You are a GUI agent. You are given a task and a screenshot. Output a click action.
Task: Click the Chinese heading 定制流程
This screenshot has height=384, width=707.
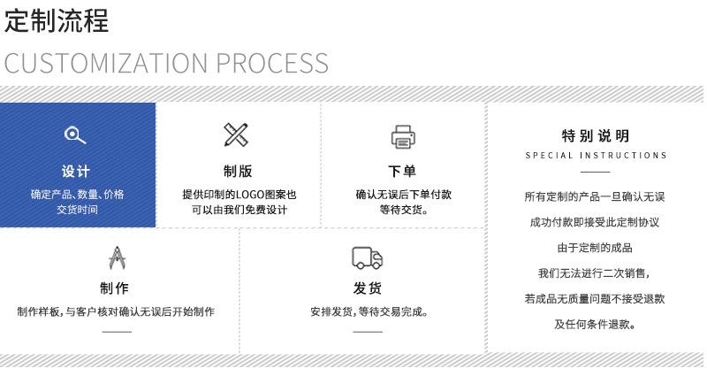tap(57, 22)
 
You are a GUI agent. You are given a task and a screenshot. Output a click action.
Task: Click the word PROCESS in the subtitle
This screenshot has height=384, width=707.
tap(273, 63)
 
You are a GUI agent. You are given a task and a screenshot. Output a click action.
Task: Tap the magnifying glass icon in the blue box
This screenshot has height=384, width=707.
tap(76, 134)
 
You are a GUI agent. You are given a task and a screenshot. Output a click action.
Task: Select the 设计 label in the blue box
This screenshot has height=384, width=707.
tap(76, 171)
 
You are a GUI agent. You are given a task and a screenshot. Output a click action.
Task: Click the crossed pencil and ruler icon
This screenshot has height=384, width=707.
tap(236, 135)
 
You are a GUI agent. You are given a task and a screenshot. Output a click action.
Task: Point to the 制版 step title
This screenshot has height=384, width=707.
tap(238, 171)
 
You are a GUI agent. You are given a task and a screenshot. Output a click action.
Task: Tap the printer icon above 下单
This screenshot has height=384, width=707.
tap(403, 136)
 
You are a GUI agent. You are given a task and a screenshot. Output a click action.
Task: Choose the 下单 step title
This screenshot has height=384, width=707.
tap(403, 171)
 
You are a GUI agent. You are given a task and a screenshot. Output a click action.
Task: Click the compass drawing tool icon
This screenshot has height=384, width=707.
tap(116, 257)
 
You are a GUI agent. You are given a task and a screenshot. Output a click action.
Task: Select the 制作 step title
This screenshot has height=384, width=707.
tap(115, 288)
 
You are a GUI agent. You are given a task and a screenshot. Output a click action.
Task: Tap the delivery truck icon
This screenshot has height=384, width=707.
tap(368, 257)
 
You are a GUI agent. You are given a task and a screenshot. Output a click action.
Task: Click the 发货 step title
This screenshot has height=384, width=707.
tap(368, 288)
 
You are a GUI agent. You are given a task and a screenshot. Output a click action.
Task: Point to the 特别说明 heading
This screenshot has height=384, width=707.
tap(596, 135)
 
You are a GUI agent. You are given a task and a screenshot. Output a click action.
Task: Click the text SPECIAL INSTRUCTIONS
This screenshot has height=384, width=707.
tap(596, 156)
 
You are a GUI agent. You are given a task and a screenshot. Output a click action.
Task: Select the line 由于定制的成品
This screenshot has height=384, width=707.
tap(595, 247)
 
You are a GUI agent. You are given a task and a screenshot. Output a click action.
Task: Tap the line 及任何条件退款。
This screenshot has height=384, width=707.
tap(596, 324)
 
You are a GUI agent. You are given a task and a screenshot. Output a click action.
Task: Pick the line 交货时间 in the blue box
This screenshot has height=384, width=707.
tap(77, 210)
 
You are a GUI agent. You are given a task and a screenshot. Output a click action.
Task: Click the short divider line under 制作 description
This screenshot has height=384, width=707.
tap(116, 332)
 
